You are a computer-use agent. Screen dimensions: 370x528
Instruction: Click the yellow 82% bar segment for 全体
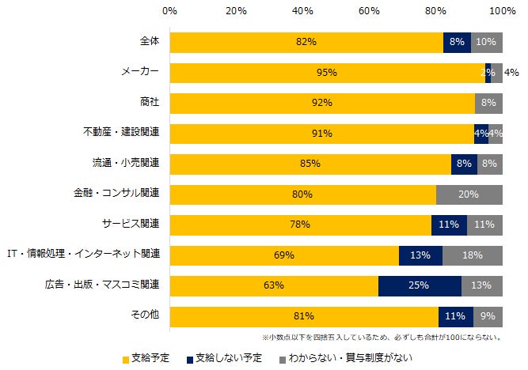tap(306, 42)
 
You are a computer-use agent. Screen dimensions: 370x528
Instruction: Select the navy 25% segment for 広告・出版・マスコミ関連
tap(420, 285)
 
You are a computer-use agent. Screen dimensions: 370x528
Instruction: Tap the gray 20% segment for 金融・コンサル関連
tap(469, 194)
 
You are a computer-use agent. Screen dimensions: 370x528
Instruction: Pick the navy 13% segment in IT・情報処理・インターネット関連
tap(420, 255)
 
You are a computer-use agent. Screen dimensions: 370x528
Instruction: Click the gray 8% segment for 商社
tap(488, 103)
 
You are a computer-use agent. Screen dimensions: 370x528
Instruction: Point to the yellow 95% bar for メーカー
tap(327, 73)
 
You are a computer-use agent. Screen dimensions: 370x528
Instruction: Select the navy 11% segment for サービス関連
tap(449, 225)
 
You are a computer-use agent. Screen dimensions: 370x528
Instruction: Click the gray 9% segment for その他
tap(488, 316)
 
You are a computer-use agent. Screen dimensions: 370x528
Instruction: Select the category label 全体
tap(149, 41)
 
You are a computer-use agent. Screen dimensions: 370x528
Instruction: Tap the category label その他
tap(145, 315)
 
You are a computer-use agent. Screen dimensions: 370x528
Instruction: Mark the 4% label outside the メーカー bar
tap(512, 73)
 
